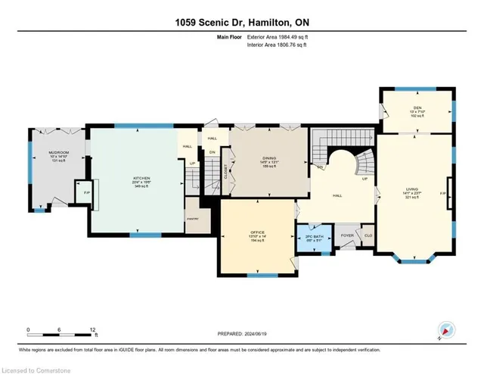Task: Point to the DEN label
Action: (x=417, y=108)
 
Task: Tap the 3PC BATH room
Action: (x=314, y=238)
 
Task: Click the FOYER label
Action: (x=346, y=235)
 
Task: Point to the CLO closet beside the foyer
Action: (x=368, y=235)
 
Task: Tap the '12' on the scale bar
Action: (x=92, y=329)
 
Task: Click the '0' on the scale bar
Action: (x=28, y=329)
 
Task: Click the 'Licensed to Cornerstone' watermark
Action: (x=33, y=367)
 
